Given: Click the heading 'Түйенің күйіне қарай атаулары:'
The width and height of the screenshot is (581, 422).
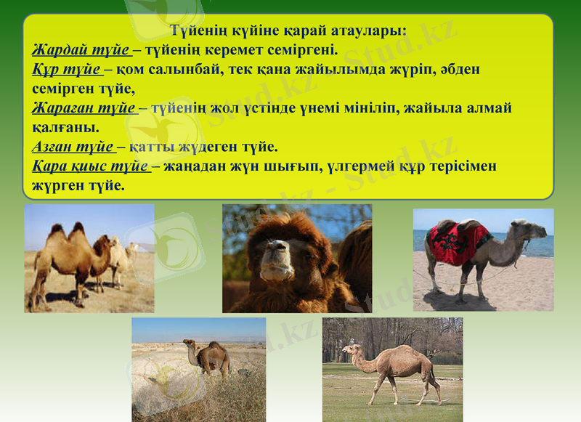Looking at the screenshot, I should [x=288, y=31].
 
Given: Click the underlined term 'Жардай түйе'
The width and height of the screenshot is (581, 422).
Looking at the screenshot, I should [x=81, y=50].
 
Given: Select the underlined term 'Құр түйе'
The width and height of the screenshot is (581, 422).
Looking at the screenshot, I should [x=66, y=70].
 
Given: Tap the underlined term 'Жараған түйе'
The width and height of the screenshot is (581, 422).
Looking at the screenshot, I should [x=84, y=108].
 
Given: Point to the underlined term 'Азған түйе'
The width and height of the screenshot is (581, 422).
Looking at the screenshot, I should [x=73, y=147].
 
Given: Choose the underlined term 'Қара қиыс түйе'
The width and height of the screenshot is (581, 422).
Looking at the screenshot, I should [x=90, y=166].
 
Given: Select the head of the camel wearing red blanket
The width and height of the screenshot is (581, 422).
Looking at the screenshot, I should [x=535, y=230].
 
